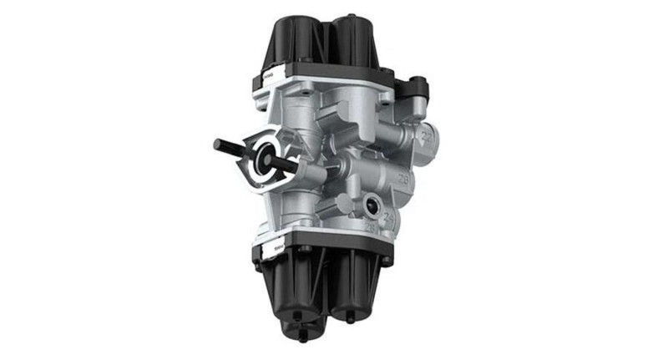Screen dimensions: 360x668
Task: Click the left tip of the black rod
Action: click(x=218, y=143)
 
